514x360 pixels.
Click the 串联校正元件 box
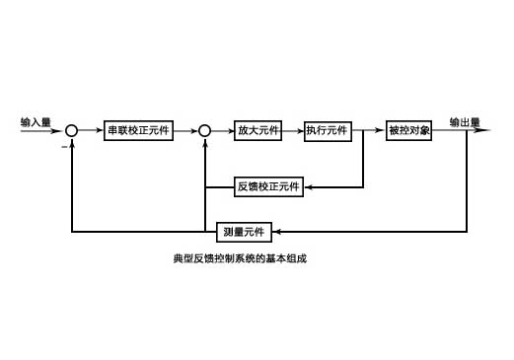pyautogui.click(x=139, y=131)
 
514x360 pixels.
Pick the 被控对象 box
pyautogui.click(x=409, y=131)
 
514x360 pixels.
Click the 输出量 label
pyautogui.click(x=464, y=122)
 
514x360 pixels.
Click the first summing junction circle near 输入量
pyautogui.click(x=72, y=131)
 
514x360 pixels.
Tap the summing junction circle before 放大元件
pyautogui.click(x=204, y=131)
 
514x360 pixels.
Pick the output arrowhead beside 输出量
pyautogui.click(x=485, y=131)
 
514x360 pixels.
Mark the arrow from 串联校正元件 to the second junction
pyautogui.click(x=185, y=131)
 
